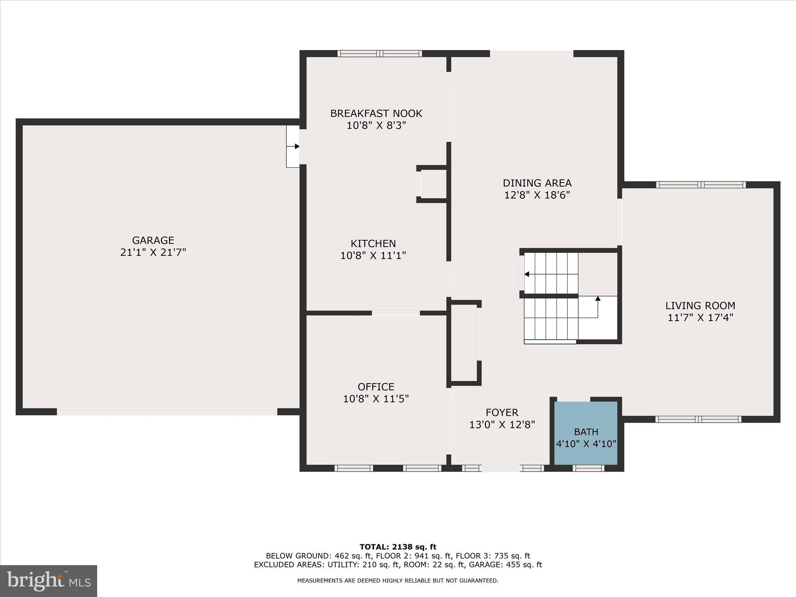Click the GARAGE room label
point(153,240)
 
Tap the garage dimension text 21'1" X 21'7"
point(153,253)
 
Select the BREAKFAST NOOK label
point(376,113)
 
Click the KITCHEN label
point(373,244)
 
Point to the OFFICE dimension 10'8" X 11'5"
point(376,399)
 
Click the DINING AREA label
point(537,183)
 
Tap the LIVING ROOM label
point(700,306)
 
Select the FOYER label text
point(502,412)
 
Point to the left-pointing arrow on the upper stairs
point(527,274)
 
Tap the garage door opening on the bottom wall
point(167,412)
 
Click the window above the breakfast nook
point(379,54)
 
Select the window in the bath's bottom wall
point(588,468)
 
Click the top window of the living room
point(701,185)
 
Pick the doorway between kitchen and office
point(396,313)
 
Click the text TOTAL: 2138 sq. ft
point(398,547)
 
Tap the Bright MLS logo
point(49,581)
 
